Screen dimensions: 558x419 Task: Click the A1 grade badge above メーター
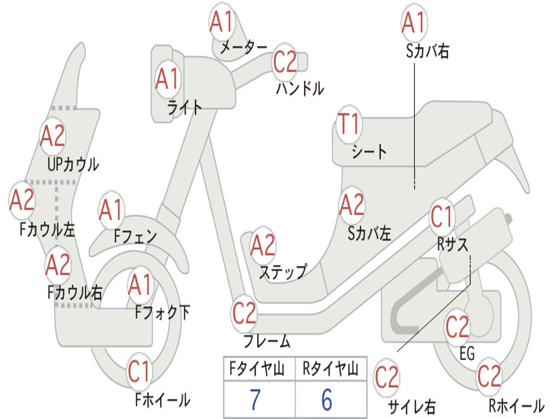pos(222,23)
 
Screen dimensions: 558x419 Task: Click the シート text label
pos(369,151)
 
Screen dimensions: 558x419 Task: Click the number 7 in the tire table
pos(256,400)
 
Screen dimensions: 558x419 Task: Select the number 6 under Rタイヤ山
pos(326,400)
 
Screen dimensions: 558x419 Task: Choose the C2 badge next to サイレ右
pos(387,378)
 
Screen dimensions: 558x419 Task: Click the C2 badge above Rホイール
pos(489,375)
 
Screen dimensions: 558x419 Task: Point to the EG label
pos(467,354)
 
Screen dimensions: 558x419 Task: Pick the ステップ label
pos(282,271)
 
